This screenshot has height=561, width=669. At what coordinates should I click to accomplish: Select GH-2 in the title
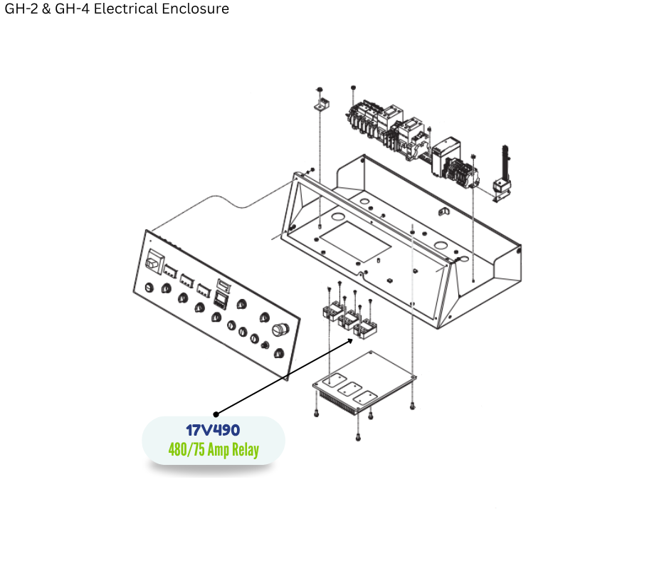pyautogui.click(x=21, y=9)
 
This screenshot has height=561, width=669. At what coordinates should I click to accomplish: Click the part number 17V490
pyautogui.click(x=213, y=430)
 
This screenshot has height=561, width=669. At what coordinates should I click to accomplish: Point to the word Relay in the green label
pyautogui.click(x=246, y=449)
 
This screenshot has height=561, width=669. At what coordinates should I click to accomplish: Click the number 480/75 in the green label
pyautogui.click(x=186, y=449)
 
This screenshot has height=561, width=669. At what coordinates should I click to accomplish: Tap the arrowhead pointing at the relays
pyautogui.click(x=350, y=341)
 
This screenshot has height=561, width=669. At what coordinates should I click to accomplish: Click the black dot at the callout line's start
pyautogui.click(x=216, y=414)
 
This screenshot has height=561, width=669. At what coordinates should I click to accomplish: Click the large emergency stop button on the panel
pyautogui.click(x=280, y=330)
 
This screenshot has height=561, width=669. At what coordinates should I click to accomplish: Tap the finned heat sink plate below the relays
pyautogui.click(x=364, y=382)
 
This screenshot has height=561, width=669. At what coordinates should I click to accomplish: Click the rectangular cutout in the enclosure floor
pyautogui.click(x=355, y=241)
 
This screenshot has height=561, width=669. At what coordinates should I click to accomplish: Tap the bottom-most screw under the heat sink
pyautogui.click(x=358, y=437)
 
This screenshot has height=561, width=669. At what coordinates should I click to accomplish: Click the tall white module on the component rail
pyautogui.click(x=445, y=157)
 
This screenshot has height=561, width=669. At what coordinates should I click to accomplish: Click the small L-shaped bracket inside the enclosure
pyautogui.click(x=444, y=211)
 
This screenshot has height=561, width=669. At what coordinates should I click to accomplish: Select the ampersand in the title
pyautogui.click(x=46, y=9)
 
